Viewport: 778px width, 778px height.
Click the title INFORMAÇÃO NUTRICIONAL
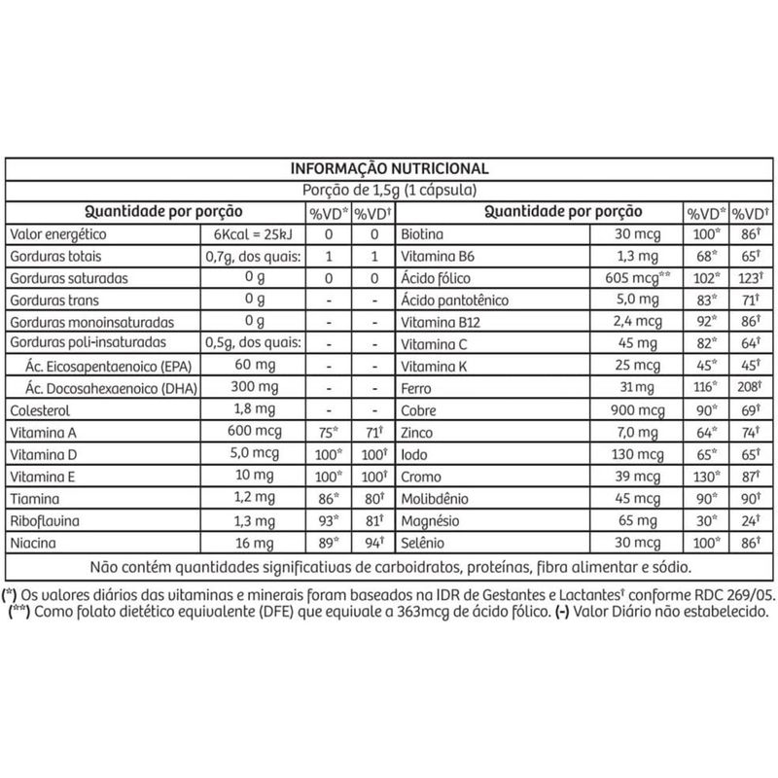pyautogui.click(x=389, y=168)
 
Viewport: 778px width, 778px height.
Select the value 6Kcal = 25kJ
pyautogui.click(x=253, y=234)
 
